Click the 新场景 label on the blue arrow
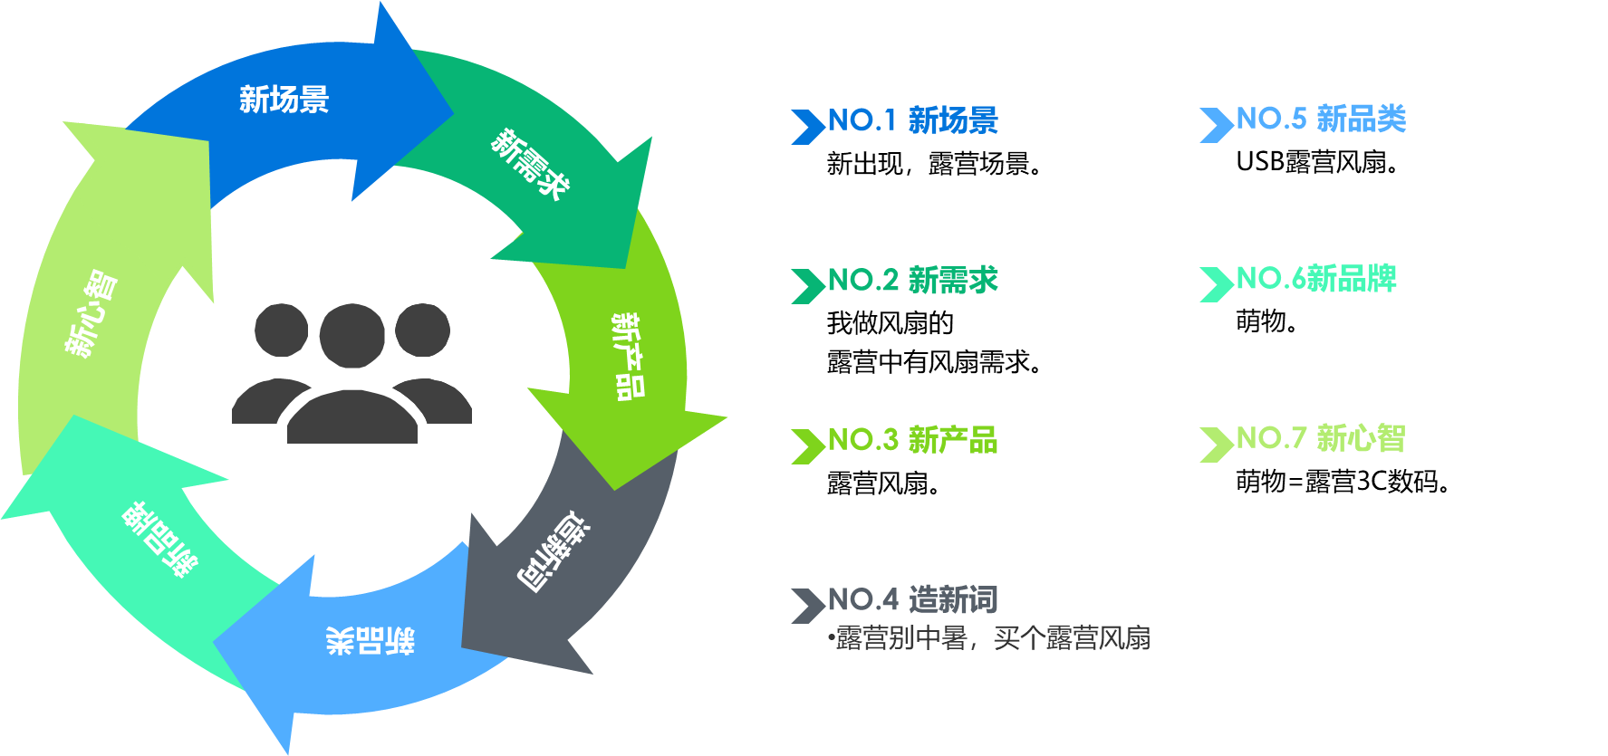[x=284, y=100]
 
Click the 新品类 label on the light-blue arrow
[x=371, y=641]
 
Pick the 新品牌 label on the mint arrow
[x=160, y=539]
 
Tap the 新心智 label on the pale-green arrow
[x=91, y=313]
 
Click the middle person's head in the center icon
[x=351, y=335]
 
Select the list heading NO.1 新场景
[x=912, y=120]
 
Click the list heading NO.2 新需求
[x=912, y=281]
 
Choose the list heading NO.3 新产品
[x=912, y=441]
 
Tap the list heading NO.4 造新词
[x=912, y=599]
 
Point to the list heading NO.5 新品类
[x=1321, y=119]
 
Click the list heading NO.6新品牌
[x=1316, y=279]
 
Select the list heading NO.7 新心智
[x=1321, y=439]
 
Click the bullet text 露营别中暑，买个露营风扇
[x=991, y=638]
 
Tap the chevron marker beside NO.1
[x=806, y=127]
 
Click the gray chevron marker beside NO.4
[x=806, y=606]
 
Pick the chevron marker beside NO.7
[x=1215, y=445]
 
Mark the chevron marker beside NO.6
[x=1215, y=284]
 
